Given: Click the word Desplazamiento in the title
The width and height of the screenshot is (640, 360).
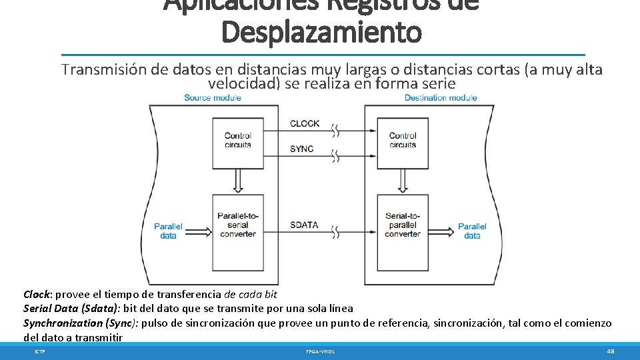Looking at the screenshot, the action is coord(321,32).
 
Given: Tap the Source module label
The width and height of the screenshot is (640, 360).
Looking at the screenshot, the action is coord(212,98).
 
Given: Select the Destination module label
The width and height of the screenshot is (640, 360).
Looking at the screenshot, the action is coord(441,98).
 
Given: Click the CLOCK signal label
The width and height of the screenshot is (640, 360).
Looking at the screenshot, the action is coord(305,123).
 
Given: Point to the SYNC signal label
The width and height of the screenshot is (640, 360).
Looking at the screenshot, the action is coord(301,149).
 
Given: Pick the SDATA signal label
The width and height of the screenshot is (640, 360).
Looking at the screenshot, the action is coord(304,225).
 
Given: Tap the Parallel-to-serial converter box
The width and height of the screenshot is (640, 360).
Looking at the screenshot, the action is coord(237,225).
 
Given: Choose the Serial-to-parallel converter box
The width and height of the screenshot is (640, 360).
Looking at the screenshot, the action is coord(403,225).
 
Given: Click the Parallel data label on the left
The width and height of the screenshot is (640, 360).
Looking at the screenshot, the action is coord(168,231).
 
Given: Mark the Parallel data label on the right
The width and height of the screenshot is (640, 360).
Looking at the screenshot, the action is coord(472,231).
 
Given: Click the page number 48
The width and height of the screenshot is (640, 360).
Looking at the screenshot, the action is coord(611,351).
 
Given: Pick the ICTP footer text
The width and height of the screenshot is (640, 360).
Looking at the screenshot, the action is coord(40,351).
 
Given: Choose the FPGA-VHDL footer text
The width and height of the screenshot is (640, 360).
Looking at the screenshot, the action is coord(321,351).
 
